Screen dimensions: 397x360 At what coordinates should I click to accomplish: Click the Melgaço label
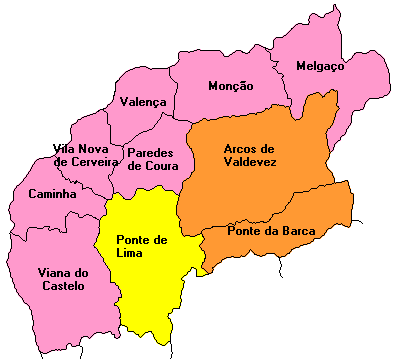pyautogui.click(x=320, y=66)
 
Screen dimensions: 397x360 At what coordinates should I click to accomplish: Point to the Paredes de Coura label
pyautogui.click(x=150, y=159)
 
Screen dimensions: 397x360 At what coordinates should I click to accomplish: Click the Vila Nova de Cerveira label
pyautogui.click(x=86, y=155)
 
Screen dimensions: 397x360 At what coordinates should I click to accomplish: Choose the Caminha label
pyautogui.click(x=53, y=194)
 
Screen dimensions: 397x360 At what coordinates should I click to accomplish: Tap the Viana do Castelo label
pyautogui.click(x=63, y=279)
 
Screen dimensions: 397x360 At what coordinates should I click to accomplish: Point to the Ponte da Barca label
pyautogui.click(x=271, y=231)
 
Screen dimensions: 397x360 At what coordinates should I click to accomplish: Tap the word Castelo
pyautogui.click(x=63, y=286)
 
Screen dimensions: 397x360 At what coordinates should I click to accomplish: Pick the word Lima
pyautogui.click(x=130, y=253)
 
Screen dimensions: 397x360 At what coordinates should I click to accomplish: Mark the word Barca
pyautogui.click(x=298, y=231)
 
